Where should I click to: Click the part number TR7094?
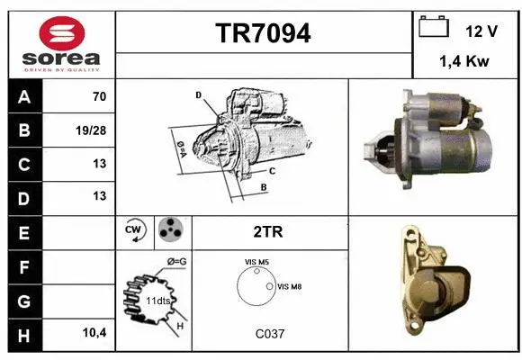pos(264,33)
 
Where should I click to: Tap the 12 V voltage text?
pos(481,31)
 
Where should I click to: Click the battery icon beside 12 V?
pos(434,28)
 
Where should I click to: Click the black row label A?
pos(23,96)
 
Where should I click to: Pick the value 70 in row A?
pos(99,96)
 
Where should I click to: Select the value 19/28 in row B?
pos(93,130)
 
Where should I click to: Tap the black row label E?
pos(23,232)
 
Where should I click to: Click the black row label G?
pos(23,300)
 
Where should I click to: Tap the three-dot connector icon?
pos(170,231)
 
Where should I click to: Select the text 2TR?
pos(269,232)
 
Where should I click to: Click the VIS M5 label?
pos(256,262)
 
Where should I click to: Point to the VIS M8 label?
pos(290,287)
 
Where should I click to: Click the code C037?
pos(269,333)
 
